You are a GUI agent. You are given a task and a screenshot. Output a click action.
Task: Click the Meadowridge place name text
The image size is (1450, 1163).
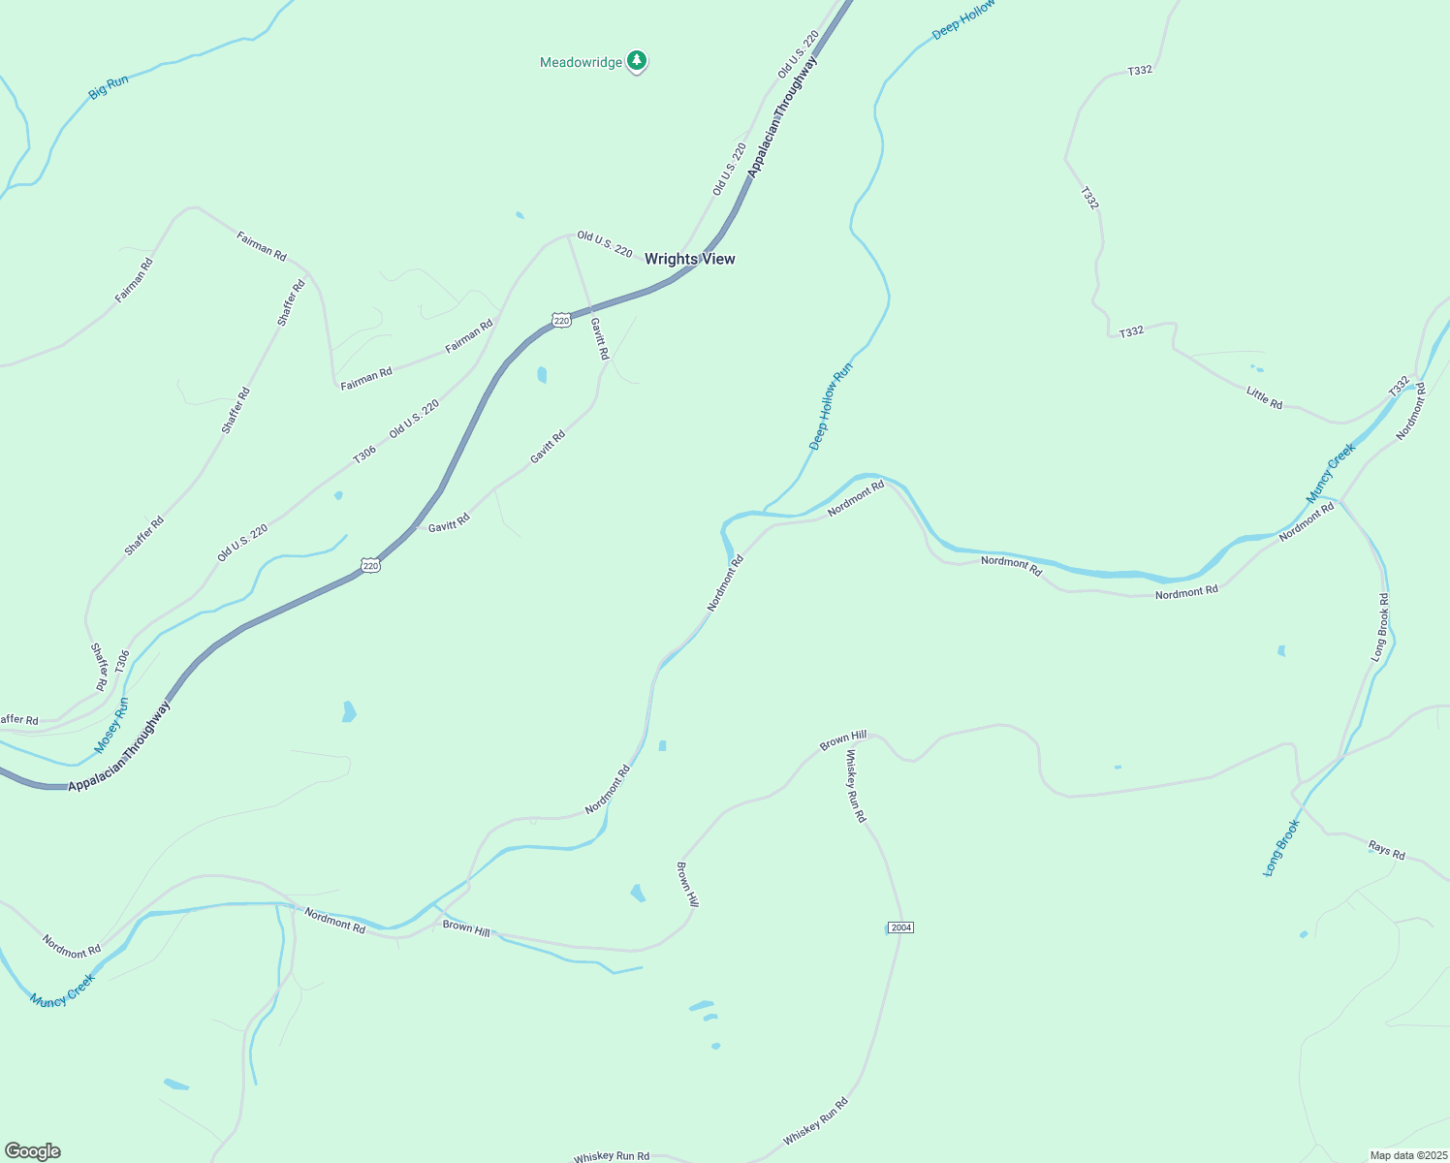pos(581,63)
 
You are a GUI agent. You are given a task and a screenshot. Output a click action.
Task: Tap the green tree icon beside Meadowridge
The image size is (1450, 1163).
pos(636,61)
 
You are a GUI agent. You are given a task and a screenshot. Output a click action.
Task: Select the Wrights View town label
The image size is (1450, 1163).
pos(689,259)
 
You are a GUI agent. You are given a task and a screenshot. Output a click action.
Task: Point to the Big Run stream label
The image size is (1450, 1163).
pos(109,87)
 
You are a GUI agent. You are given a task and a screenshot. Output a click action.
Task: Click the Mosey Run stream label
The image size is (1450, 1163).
pos(111,725)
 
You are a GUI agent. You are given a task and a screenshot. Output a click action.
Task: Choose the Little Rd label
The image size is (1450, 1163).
pos(1264,397)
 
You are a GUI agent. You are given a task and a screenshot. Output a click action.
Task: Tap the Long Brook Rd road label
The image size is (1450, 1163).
pos(1380,627)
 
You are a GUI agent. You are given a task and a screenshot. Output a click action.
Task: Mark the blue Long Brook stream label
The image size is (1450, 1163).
pos(1280,848)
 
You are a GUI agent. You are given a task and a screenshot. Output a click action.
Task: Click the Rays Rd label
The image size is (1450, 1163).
pos(1386,850)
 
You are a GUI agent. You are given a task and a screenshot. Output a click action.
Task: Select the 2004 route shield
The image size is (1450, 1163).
pos(900,927)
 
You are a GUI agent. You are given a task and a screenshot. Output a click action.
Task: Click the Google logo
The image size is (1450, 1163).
pos(33,1151)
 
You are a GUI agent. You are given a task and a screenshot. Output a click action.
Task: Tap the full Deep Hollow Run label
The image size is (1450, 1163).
pos(831,406)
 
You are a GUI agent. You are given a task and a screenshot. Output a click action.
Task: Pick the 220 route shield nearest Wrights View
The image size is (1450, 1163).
pos(561,320)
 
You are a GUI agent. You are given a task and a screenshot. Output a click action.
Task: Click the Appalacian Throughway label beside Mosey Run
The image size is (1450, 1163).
pos(119,746)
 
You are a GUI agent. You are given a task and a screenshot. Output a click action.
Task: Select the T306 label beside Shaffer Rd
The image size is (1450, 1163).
pos(121,661)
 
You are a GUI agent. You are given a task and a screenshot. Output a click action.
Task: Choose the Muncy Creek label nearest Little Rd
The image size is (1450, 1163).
pos(1331,473)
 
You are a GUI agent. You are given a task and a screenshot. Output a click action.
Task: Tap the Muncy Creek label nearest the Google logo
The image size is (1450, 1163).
pos(62,990)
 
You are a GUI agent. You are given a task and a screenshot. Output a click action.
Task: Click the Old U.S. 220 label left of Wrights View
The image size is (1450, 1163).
pos(604,243)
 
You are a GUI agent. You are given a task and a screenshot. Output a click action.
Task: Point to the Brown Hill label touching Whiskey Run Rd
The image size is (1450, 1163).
pos(843,741)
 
